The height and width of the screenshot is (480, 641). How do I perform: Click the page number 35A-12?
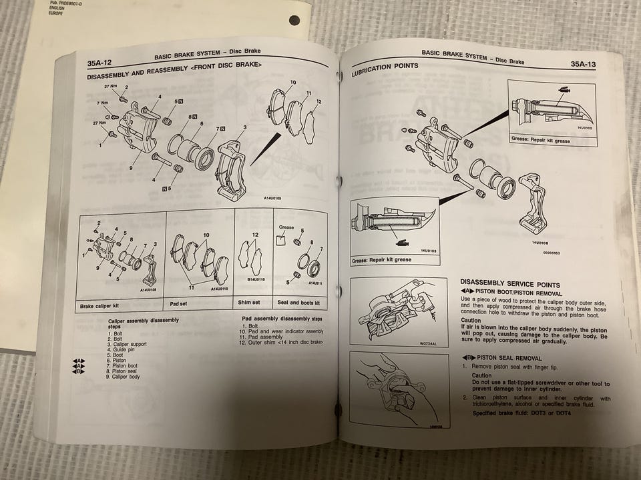tap(99, 64)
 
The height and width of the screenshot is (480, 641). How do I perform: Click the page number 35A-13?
tap(586, 64)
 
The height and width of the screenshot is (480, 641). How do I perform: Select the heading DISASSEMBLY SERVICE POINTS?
tap(510, 284)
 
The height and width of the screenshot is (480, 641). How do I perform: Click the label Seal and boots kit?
tap(298, 303)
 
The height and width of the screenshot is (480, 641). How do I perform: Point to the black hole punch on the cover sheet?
tap(294, 20)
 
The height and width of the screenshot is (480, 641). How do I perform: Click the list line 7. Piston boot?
tap(124, 365)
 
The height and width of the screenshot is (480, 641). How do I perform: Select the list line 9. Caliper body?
tap(125, 377)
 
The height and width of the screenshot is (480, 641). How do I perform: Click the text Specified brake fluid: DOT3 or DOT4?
tap(523, 413)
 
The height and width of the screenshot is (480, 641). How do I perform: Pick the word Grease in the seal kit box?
tap(286, 227)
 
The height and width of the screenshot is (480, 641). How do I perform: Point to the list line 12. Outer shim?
tap(281, 343)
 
